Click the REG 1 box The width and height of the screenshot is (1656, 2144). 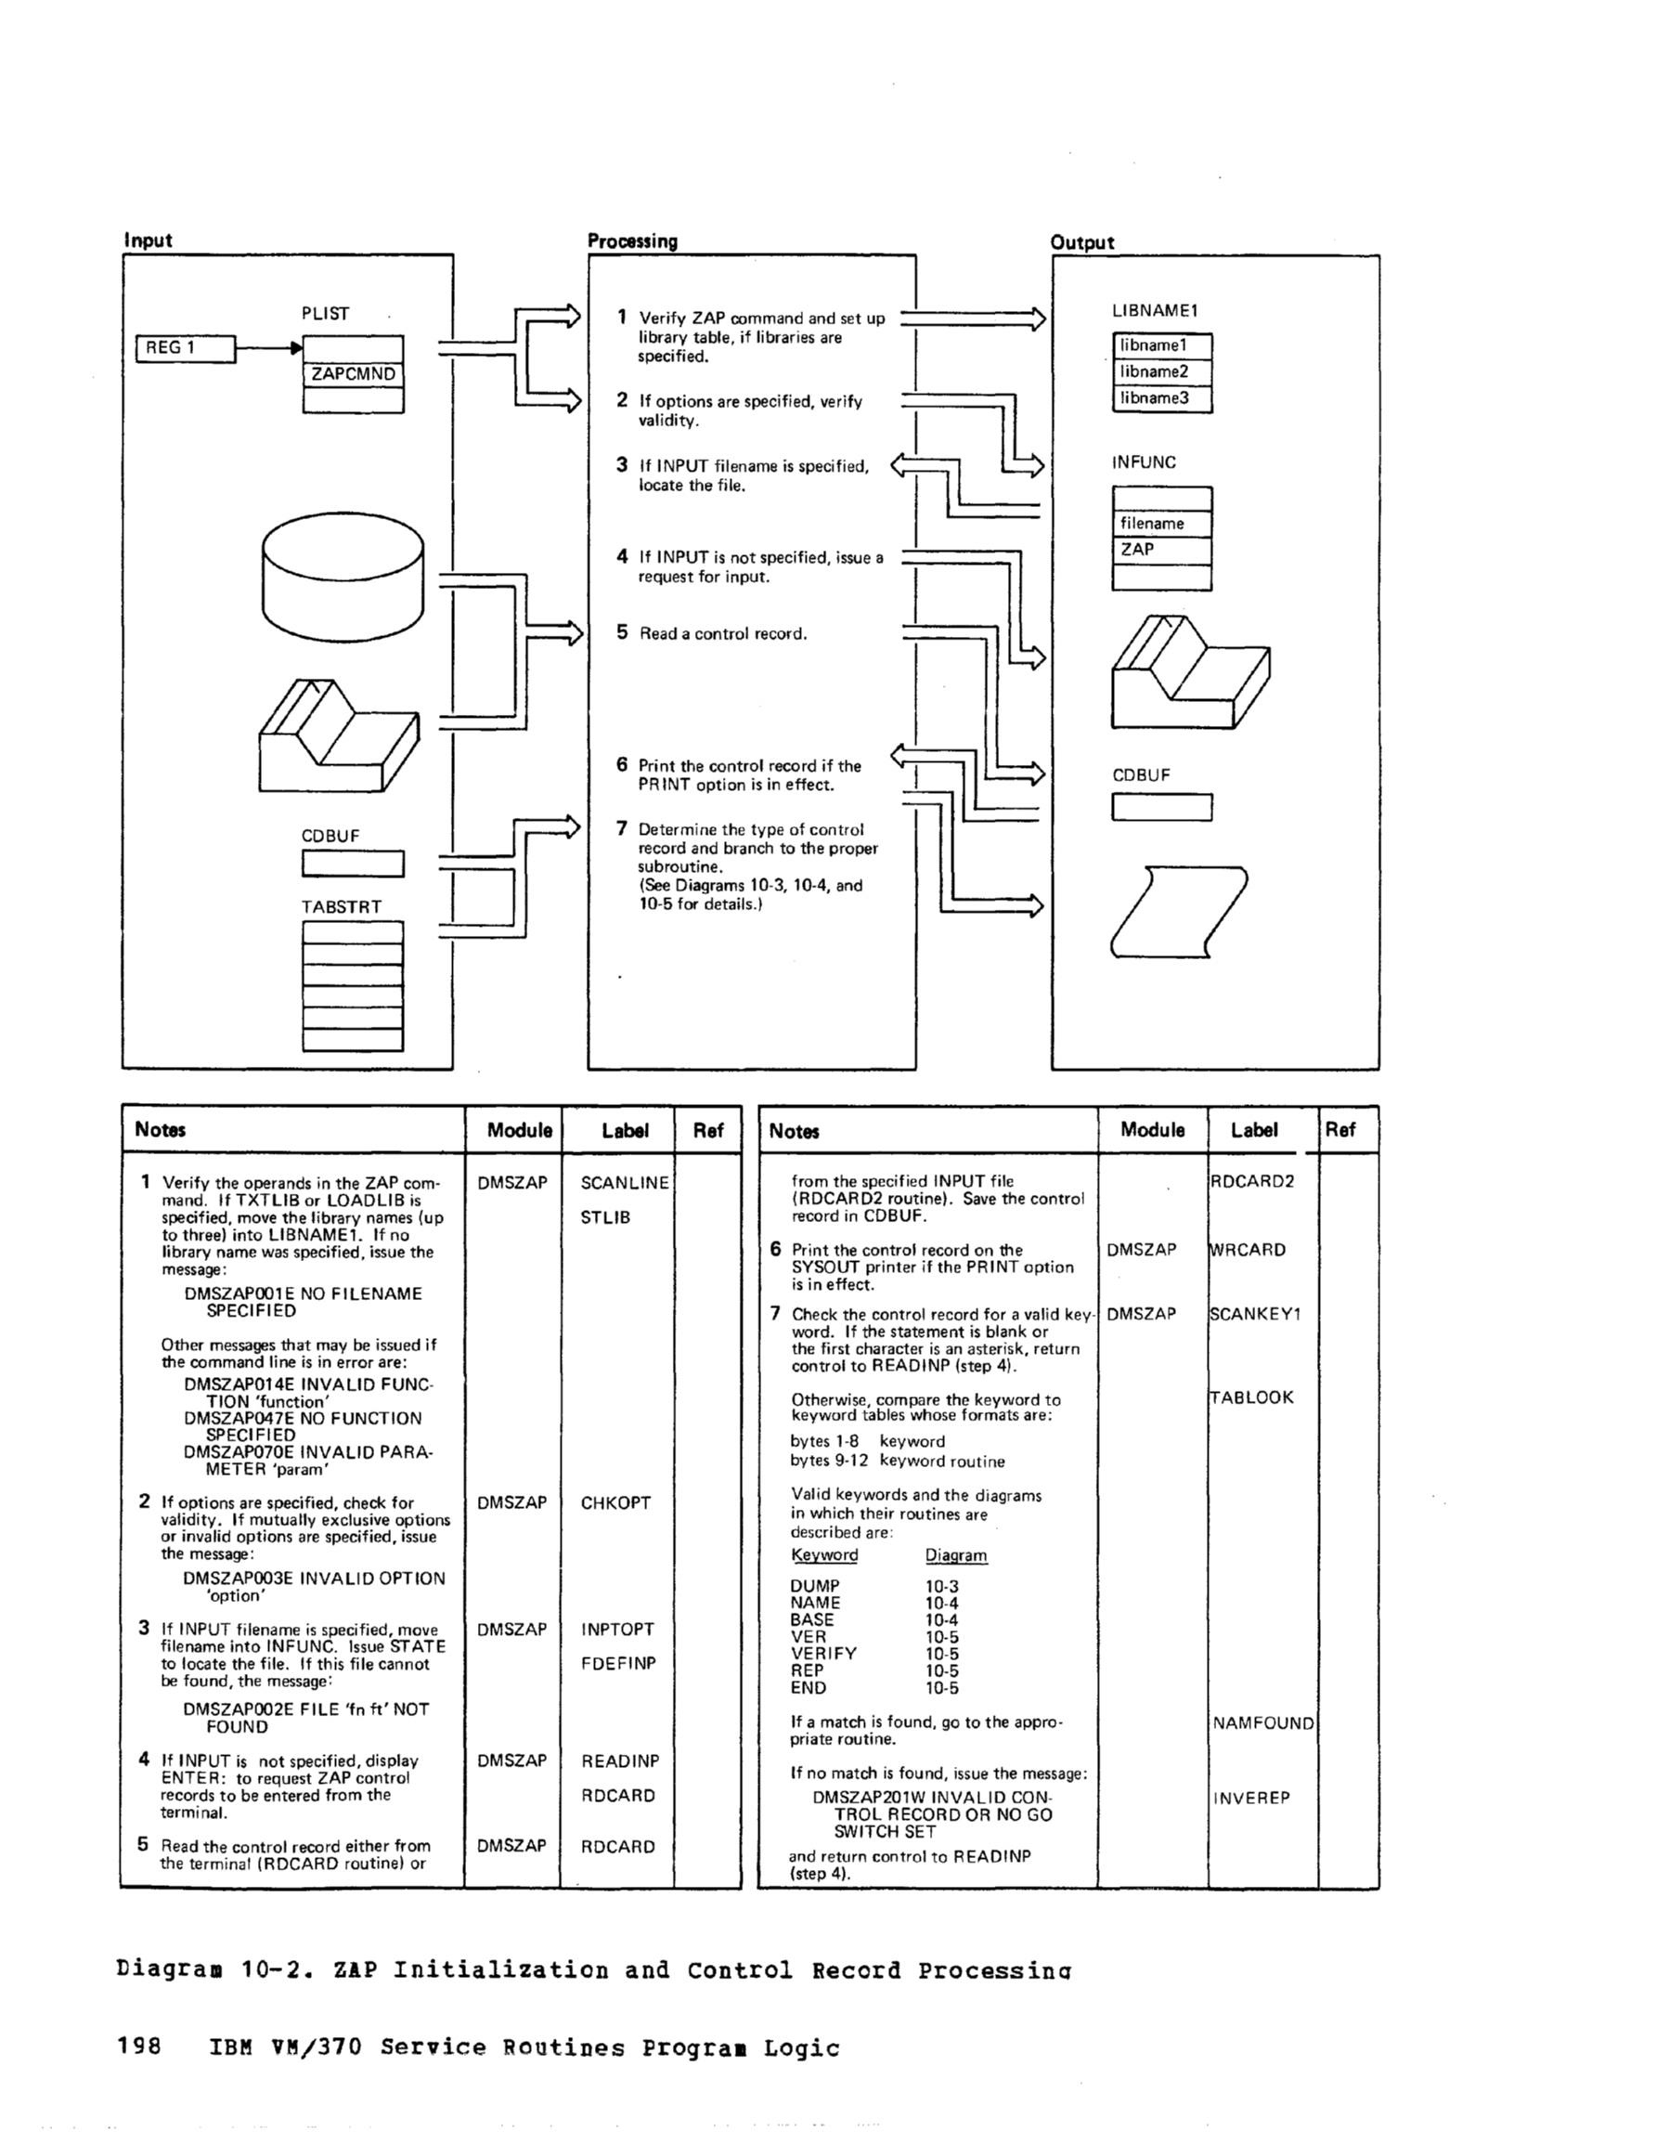[x=185, y=347]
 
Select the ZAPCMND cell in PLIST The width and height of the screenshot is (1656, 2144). [x=353, y=374]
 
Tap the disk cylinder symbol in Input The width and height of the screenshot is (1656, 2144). [x=343, y=581]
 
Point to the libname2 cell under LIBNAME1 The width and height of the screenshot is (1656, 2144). [x=1162, y=372]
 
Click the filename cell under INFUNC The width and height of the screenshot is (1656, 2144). [x=1162, y=524]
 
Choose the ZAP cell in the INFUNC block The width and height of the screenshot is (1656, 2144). [x=1162, y=550]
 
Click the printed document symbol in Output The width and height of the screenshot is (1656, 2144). [x=1178, y=911]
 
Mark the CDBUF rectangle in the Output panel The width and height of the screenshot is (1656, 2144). [x=1162, y=807]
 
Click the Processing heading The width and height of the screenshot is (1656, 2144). [x=632, y=241]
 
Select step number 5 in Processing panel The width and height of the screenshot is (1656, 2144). [x=622, y=632]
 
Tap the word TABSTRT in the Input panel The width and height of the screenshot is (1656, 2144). [x=342, y=907]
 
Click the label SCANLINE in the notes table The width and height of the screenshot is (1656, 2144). [x=625, y=1183]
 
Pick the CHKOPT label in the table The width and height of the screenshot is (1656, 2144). [x=615, y=1502]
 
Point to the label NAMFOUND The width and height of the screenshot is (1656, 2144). [x=1263, y=1722]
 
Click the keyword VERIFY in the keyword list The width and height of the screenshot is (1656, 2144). [x=822, y=1653]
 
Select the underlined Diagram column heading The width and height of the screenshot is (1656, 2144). [x=955, y=1555]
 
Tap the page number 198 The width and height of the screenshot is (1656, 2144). [x=138, y=2047]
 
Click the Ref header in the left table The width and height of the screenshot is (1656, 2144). [x=707, y=1130]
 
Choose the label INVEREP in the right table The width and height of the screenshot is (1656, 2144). [x=1251, y=1798]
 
